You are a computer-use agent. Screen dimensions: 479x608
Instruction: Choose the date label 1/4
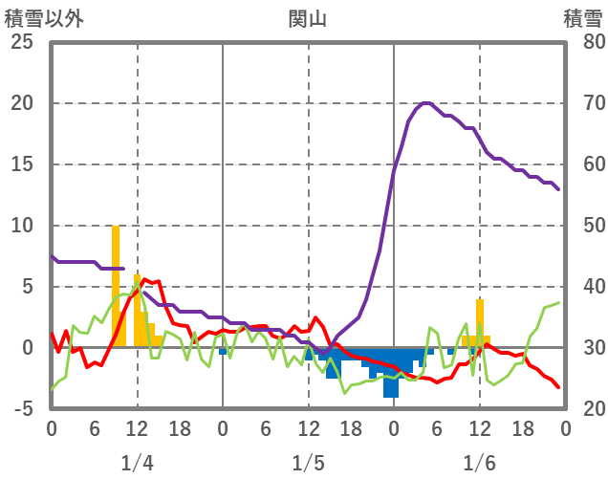[x=137, y=464]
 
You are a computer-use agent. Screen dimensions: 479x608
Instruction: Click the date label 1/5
[x=308, y=464]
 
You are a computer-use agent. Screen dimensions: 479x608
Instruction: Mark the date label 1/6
[x=479, y=464]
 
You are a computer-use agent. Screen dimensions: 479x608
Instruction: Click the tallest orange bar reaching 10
[x=116, y=287]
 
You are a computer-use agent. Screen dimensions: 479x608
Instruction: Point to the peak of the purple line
[x=426, y=103]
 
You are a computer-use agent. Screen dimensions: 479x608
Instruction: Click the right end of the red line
[x=558, y=386]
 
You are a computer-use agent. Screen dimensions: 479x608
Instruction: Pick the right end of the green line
[x=559, y=303]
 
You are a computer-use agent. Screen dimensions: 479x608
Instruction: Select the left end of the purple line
[x=52, y=256]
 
